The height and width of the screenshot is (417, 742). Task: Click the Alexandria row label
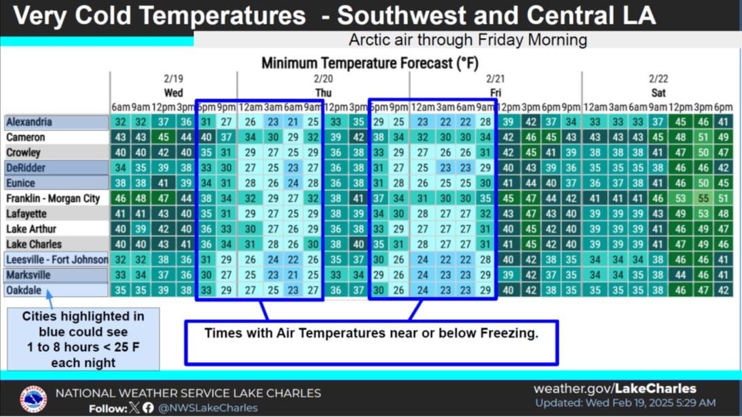(29, 122)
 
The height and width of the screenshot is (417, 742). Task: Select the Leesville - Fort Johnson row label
(57, 259)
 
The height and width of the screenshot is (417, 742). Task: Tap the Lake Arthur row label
(31, 229)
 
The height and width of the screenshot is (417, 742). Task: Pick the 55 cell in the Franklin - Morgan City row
(703, 198)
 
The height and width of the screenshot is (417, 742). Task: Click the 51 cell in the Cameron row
(703, 137)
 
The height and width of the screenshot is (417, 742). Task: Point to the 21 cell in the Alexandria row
(293, 122)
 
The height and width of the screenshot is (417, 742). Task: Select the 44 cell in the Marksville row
(680, 275)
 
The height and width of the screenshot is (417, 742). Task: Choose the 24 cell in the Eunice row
(293, 183)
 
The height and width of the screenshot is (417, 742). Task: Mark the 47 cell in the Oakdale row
(703, 290)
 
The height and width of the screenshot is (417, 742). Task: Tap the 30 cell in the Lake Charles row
(313, 244)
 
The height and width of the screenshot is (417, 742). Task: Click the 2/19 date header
(174, 79)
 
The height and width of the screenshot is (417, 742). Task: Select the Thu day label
(323, 93)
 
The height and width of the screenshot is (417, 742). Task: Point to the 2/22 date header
(658, 79)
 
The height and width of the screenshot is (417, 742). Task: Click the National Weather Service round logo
(33, 399)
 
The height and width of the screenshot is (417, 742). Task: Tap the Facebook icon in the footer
(148, 407)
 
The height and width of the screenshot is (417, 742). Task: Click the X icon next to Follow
(134, 407)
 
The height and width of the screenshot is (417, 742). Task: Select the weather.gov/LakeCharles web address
(614, 389)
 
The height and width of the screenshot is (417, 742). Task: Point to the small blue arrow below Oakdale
(49, 300)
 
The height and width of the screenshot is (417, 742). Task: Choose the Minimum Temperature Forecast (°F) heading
(369, 63)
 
